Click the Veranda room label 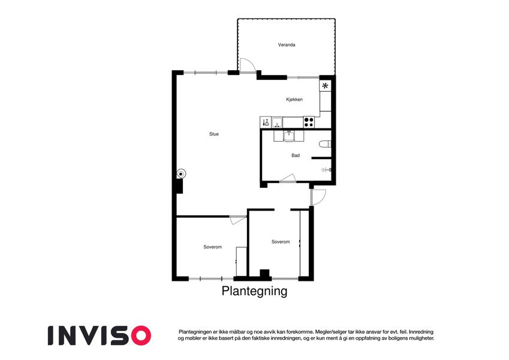pyautogui.click(x=287, y=45)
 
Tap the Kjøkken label pyautogui.click(x=294, y=100)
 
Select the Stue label pyautogui.click(x=214, y=134)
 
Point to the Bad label pyautogui.click(x=296, y=155)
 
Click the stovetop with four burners pyautogui.click(x=309, y=122)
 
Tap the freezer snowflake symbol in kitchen pyautogui.click(x=325, y=86)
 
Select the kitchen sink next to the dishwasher pyautogui.click(x=277, y=122)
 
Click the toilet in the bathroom pyautogui.click(x=325, y=144)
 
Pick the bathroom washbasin pyautogui.click(x=288, y=136)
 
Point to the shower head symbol pyautogui.click(x=326, y=170)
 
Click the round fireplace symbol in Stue pyautogui.click(x=181, y=174)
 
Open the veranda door pyautogui.click(x=248, y=65)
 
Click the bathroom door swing pyautogui.click(x=288, y=178)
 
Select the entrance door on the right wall pyautogui.click(x=318, y=197)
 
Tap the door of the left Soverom pyautogui.click(x=238, y=220)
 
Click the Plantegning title pyautogui.click(x=254, y=291)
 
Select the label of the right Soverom pyautogui.click(x=281, y=242)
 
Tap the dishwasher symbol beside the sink pyautogui.click(x=265, y=122)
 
